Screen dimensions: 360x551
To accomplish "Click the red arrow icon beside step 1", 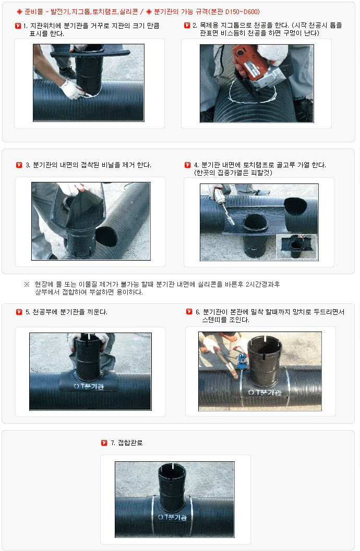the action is (x=18, y=26).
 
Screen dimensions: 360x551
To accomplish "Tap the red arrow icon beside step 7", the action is (x=104, y=443).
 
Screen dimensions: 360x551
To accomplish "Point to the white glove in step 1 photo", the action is (x=73, y=89).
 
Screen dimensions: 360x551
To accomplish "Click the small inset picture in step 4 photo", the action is (x=297, y=247).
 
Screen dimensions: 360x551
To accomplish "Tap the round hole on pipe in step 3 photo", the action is (x=106, y=236).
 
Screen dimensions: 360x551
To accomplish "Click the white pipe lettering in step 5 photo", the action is (x=89, y=386).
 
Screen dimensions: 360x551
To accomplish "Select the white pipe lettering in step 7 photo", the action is (x=172, y=517).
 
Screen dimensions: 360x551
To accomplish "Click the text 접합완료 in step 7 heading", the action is (x=130, y=443).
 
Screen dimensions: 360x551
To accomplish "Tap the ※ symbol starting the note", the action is (x=27, y=284).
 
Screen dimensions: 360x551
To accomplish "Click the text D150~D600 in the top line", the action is (x=242, y=11).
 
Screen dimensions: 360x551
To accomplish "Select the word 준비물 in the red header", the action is (x=34, y=11).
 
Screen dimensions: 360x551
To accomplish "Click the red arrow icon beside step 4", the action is (x=188, y=165).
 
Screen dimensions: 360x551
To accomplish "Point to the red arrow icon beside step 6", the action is (x=189, y=311).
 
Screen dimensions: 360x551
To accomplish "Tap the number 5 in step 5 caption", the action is (x=27, y=312).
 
